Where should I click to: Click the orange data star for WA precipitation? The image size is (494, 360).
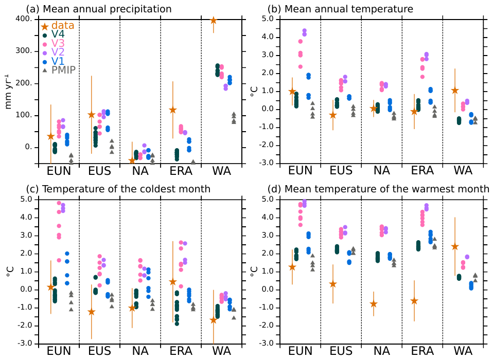click(214, 21)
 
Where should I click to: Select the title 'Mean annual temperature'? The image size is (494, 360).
click(355, 9)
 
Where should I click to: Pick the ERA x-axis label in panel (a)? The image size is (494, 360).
click(181, 171)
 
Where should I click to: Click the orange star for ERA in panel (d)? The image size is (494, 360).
click(415, 301)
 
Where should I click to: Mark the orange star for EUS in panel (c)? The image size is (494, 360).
click(91, 312)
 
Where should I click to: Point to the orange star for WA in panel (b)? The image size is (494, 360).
click(454, 91)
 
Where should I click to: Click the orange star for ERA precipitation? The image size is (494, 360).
click(173, 110)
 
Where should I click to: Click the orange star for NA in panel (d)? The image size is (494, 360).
click(374, 304)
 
